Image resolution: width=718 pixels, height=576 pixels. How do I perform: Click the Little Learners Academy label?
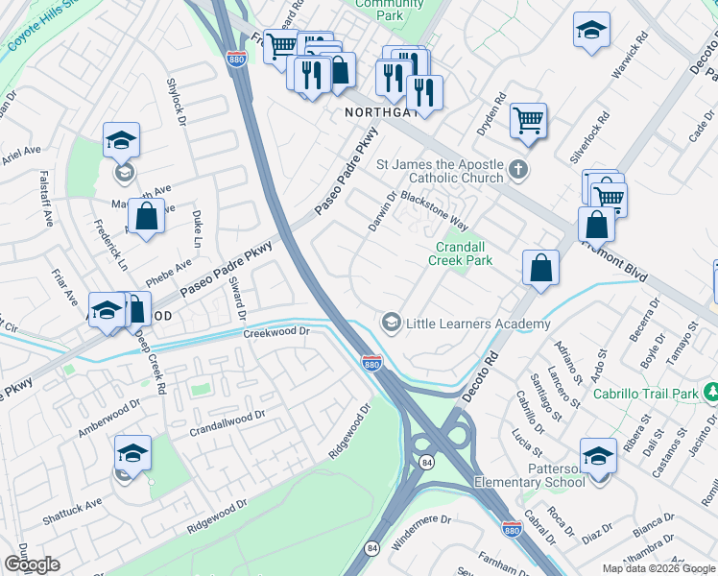pyautogui.click(x=478, y=324)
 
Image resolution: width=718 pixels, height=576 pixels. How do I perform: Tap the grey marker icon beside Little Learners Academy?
pyautogui.click(x=391, y=322)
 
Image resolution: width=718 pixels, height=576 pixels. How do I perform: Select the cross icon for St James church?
pyautogui.click(x=518, y=170)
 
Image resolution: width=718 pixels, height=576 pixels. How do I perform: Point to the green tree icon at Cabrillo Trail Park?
pyautogui.click(x=710, y=392)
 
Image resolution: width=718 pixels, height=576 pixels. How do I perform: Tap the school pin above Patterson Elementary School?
pyautogui.click(x=598, y=455)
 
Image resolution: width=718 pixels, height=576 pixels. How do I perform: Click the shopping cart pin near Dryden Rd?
pyautogui.click(x=528, y=121)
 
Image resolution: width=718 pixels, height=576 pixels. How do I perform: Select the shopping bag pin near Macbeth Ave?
pyautogui.click(x=146, y=217)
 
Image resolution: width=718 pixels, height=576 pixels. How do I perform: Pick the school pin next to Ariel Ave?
pyautogui.click(x=122, y=141)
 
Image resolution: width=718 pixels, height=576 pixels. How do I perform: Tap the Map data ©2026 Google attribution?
pyautogui.click(x=658, y=568)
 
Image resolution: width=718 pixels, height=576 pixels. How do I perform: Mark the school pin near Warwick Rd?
pyautogui.click(x=591, y=30)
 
